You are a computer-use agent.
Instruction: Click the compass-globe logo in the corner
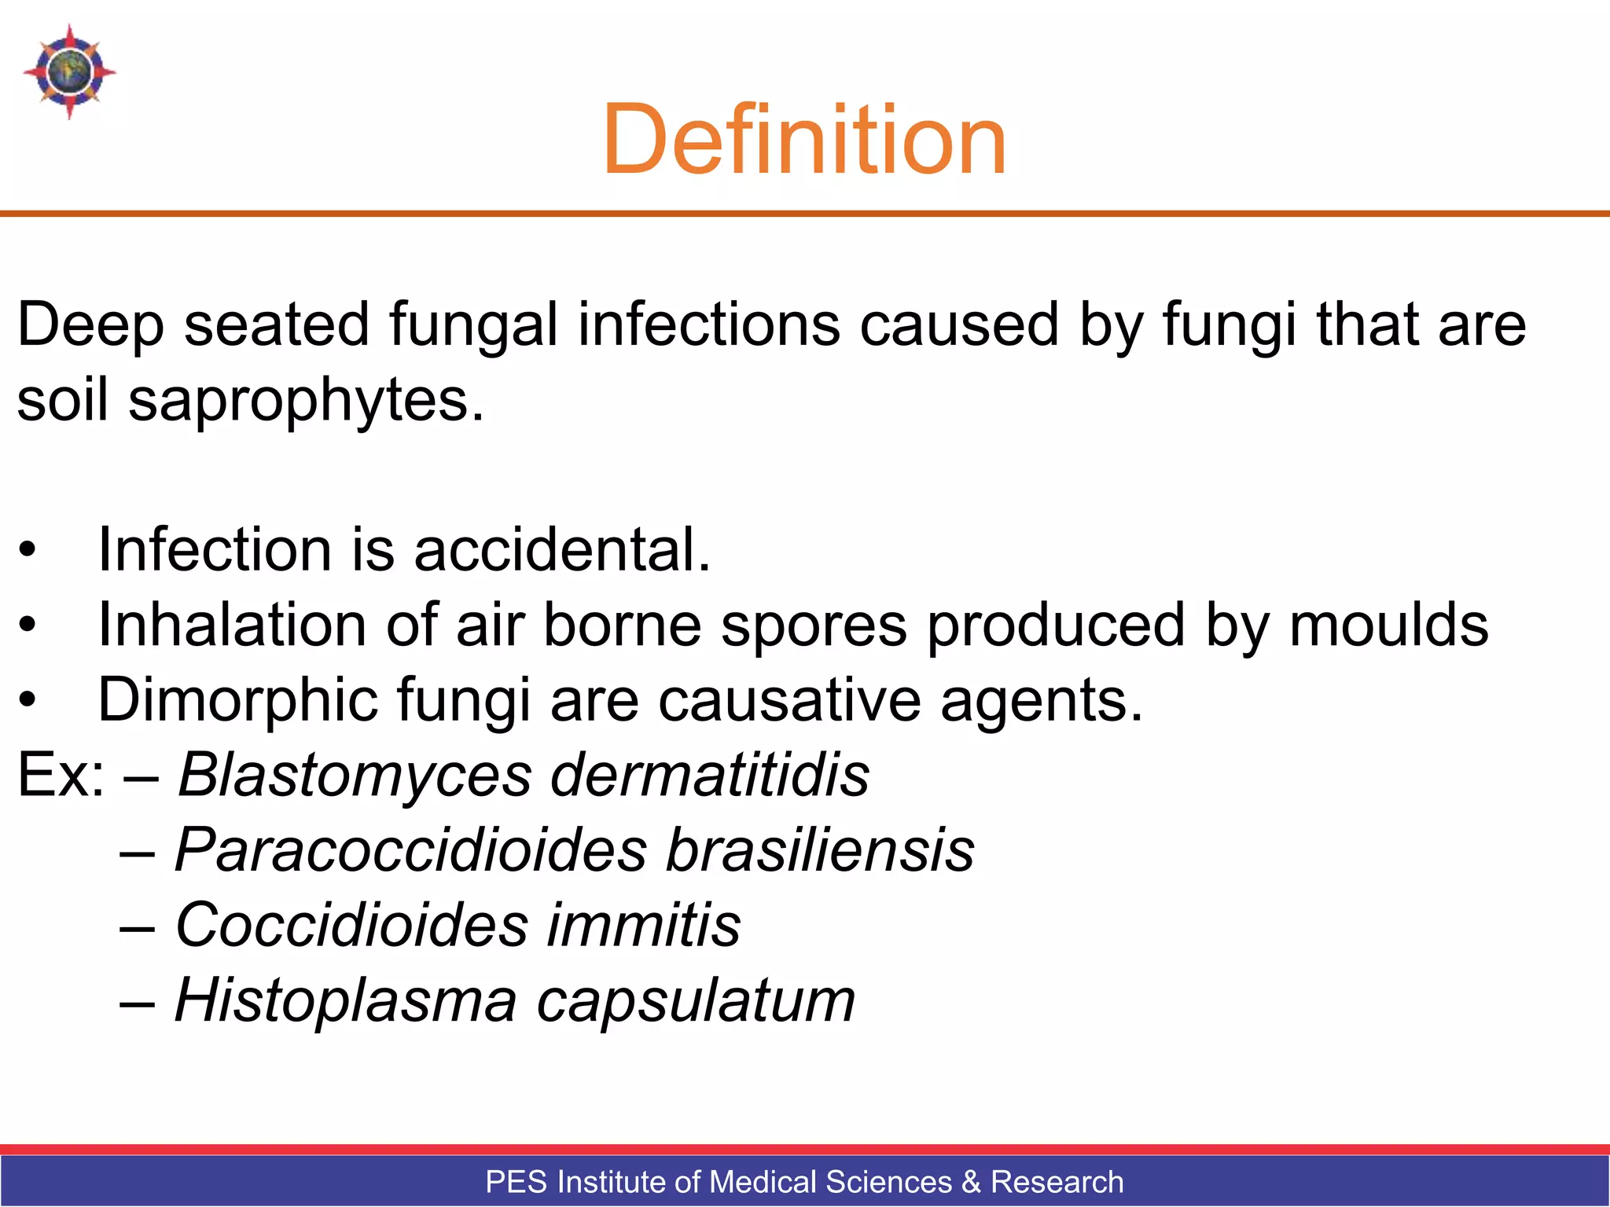pyautogui.click(x=69, y=72)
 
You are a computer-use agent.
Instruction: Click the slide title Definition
pyautogui.click(x=803, y=140)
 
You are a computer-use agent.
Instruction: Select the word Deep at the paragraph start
pyautogui.click(x=90, y=325)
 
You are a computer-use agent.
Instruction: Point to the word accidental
pyautogui.click(x=562, y=549)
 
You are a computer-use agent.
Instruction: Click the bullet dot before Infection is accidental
pyautogui.click(x=28, y=550)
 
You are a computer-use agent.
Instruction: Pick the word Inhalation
pyautogui.click(x=233, y=625)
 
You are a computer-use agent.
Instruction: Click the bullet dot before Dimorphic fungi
pyautogui.click(x=28, y=700)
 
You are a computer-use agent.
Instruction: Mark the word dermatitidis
pyautogui.click(x=710, y=775)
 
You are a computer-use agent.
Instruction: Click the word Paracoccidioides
pyautogui.click(x=410, y=850)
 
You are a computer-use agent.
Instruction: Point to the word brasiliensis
pyautogui.click(x=820, y=850)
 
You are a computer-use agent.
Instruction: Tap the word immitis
pyautogui.click(x=644, y=925)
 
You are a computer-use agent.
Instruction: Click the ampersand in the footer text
pyautogui.click(x=971, y=1182)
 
